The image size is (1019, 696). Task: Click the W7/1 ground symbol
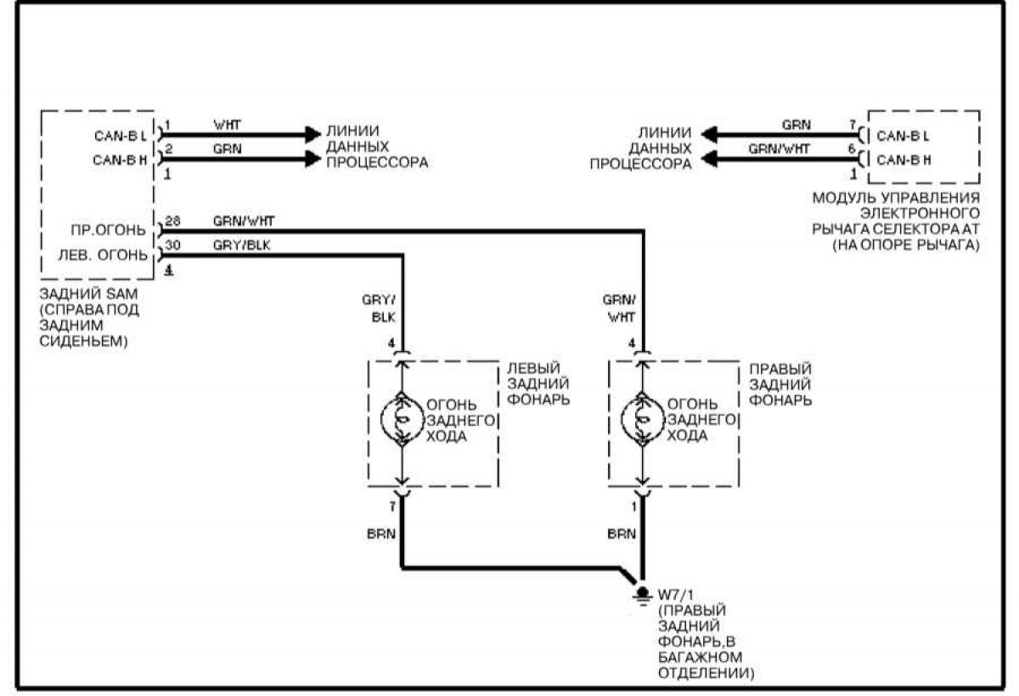point(642,597)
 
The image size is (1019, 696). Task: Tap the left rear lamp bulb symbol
point(403,420)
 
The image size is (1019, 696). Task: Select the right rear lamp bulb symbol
point(642,420)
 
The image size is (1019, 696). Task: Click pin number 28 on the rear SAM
point(172,221)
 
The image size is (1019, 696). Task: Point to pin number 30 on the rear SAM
point(172,246)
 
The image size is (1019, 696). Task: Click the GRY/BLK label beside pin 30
point(241,246)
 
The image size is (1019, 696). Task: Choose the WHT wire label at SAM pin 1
point(227,125)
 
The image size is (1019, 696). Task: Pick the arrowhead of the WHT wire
point(313,135)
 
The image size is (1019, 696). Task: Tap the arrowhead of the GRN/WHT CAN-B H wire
point(710,159)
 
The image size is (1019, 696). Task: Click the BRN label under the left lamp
point(381,534)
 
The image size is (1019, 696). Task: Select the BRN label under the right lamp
point(622,534)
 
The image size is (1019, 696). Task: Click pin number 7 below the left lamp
point(392,506)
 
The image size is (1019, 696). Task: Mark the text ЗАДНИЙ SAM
point(88,293)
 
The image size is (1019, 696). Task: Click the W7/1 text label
point(676,595)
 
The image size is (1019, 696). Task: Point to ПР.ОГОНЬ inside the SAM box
point(108,230)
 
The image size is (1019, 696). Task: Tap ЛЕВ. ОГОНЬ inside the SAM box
point(103,255)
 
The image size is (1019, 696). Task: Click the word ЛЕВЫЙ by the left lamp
point(533,368)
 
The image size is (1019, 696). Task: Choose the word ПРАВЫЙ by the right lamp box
point(780,369)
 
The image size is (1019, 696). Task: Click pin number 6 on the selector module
point(852,149)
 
